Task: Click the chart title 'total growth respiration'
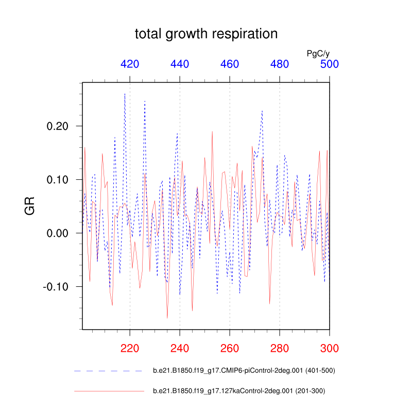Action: pos(206,34)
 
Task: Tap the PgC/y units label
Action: pos(318,53)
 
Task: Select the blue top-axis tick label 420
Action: pos(130,64)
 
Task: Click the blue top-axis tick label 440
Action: pos(180,64)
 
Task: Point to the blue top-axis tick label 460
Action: pos(230,64)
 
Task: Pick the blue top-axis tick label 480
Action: pos(280,64)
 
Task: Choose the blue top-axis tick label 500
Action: pos(330,64)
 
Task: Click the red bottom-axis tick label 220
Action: pos(130,348)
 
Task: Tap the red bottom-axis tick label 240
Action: pos(180,348)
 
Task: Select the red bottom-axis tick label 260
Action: pos(230,348)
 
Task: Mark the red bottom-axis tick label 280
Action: pos(280,348)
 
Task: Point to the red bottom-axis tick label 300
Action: pos(330,348)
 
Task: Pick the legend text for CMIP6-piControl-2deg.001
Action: pos(245,370)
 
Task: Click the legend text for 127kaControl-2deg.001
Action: pos(239,391)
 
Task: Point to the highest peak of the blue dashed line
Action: pos(125,94)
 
